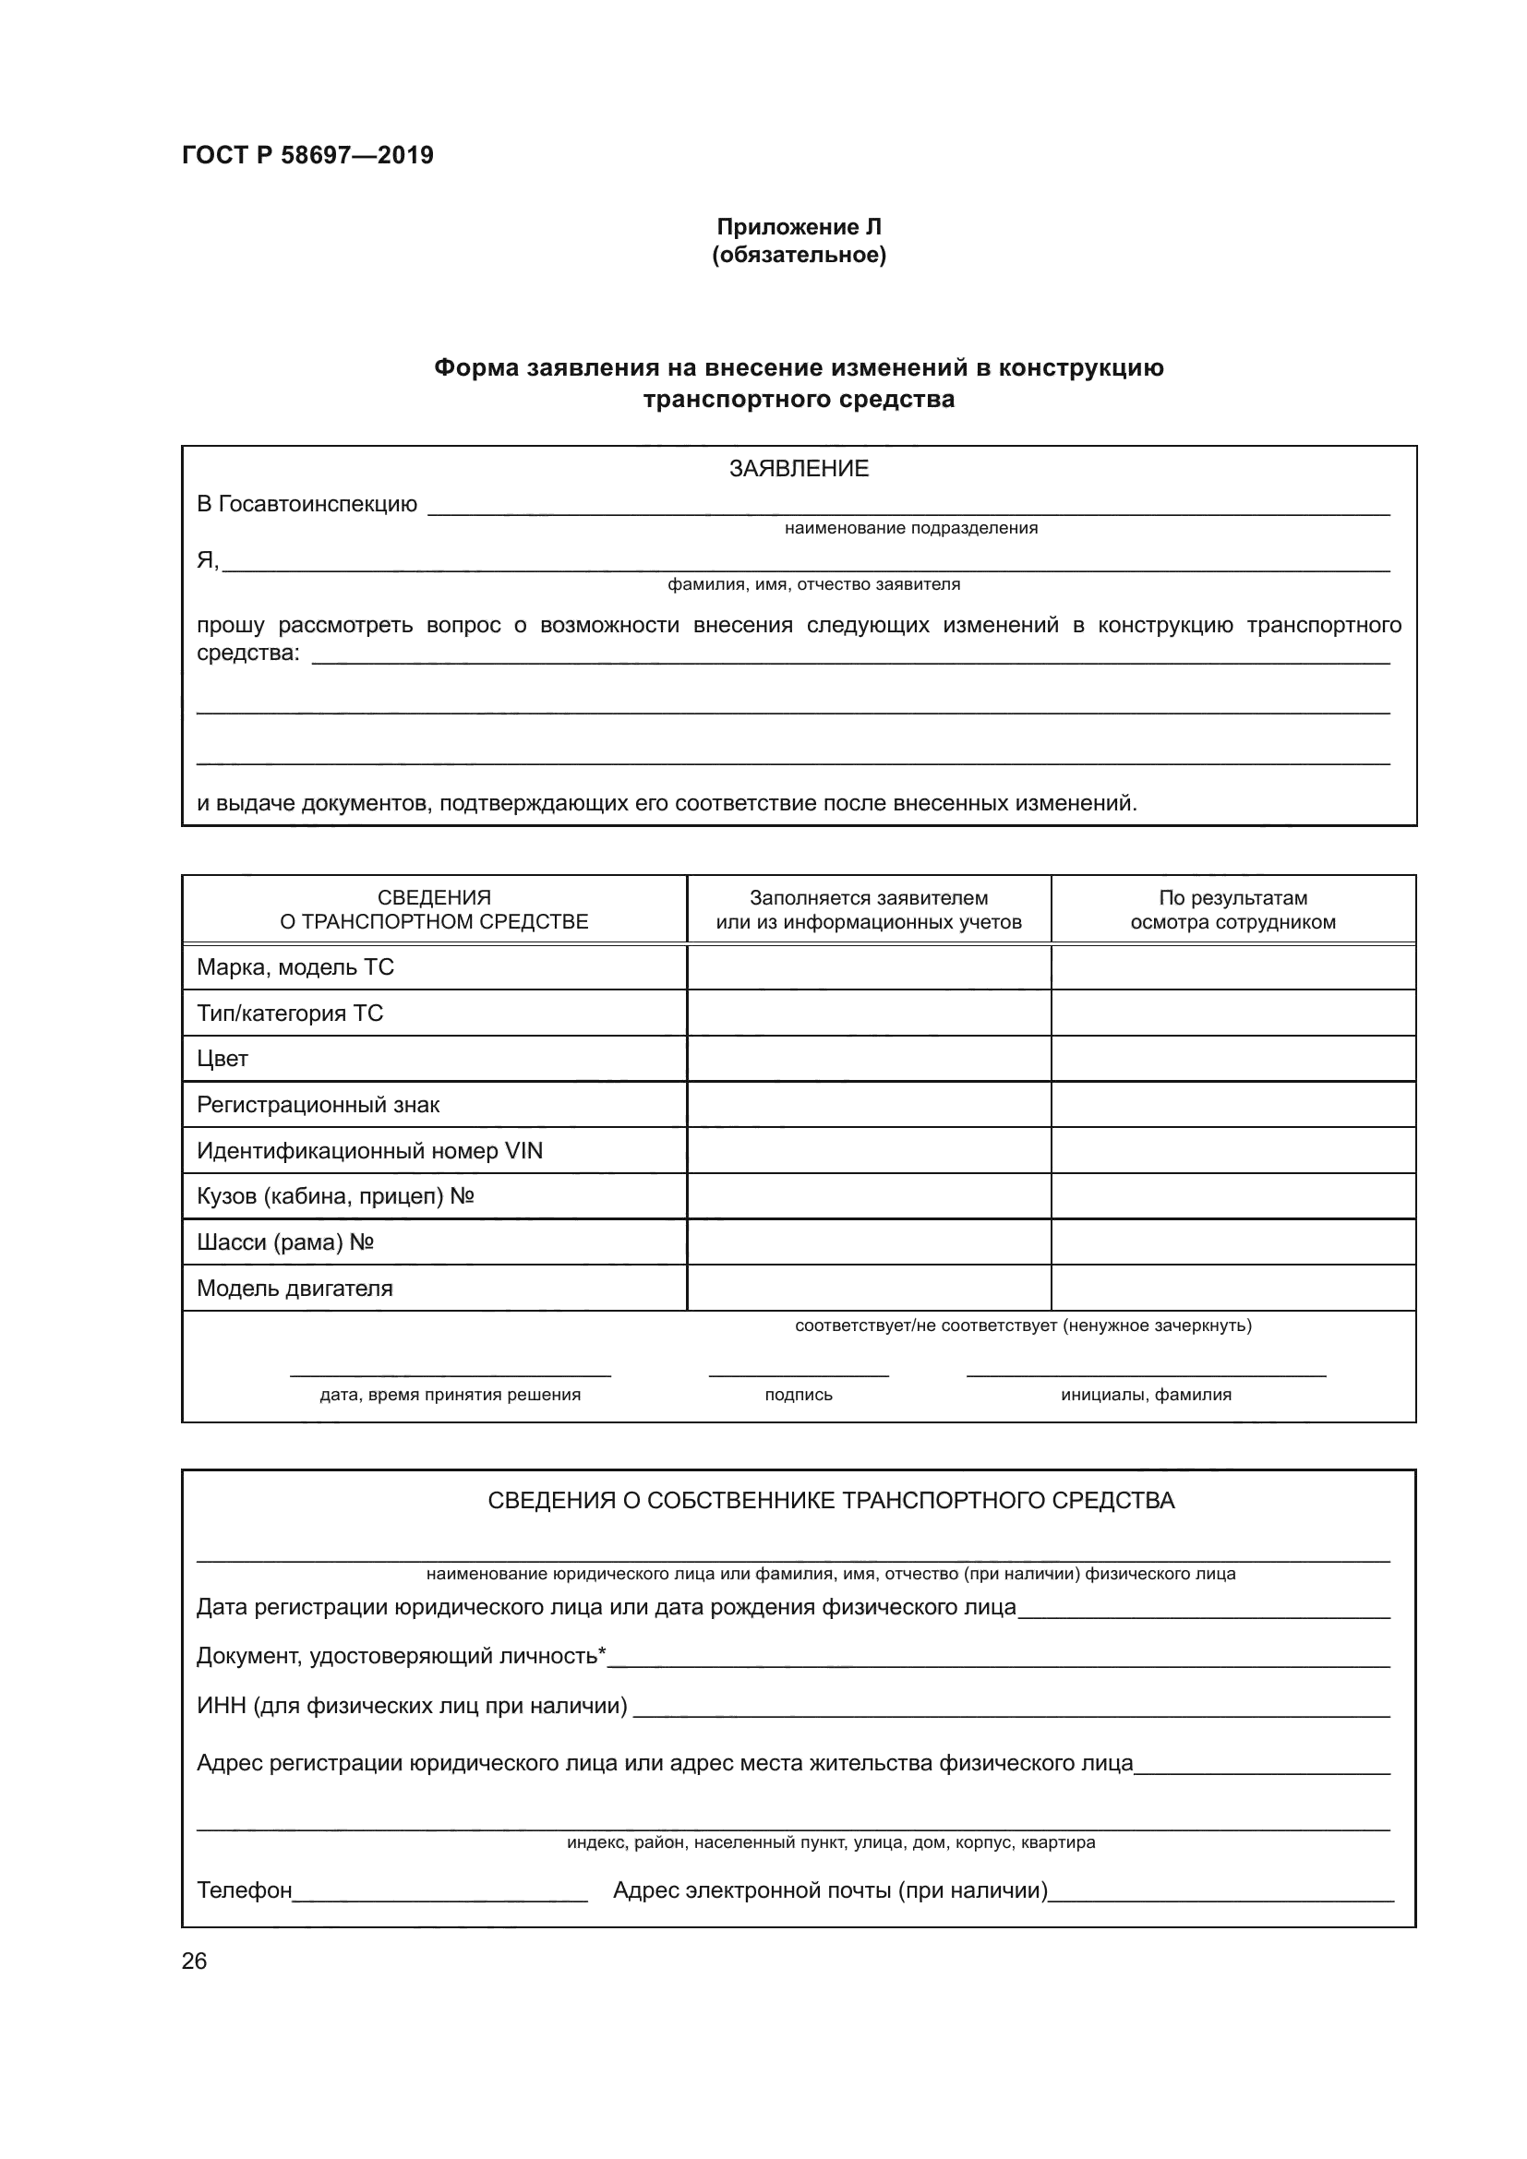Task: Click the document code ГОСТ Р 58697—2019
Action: [307, 155]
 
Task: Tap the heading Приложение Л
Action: [799, 227]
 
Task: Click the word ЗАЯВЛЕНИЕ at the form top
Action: [799, 468]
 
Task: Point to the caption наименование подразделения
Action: [910, 529]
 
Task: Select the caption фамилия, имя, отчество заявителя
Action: [813, 585]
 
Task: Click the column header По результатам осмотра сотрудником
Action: [1232, 909]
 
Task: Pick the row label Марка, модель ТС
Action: [295, 966]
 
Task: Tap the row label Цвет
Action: [222, 1059]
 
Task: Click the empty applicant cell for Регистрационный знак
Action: [868, 1105]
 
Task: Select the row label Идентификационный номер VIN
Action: [369, 1151]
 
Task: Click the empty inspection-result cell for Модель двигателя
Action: [1232, 1289]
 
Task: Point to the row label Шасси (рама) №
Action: [286, 1242]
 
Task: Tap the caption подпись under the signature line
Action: [799, 1396]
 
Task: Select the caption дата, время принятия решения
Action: [450, 1396]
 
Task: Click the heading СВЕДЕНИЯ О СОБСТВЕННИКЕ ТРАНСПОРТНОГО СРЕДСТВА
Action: [831, 1501]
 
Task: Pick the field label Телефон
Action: [245, 1890]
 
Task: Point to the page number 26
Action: [195, 1961]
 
